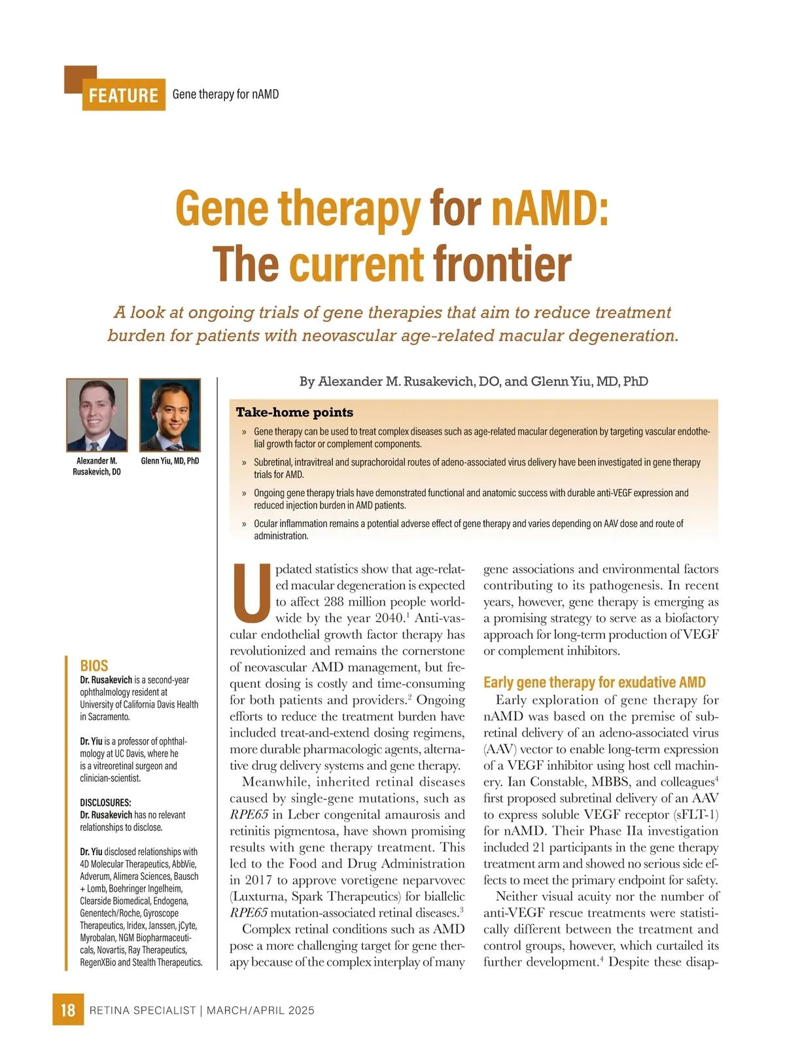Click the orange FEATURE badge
123,96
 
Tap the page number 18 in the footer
68,1010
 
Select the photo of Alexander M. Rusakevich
97,415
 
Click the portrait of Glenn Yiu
170,415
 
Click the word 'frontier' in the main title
502,264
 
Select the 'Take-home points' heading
294,412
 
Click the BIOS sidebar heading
94,666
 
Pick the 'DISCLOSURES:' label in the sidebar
105,803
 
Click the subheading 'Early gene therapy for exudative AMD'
594,683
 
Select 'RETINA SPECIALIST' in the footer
143,1010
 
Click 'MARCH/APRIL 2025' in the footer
260,1010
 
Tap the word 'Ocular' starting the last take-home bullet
266,524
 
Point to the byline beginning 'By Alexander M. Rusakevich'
474,382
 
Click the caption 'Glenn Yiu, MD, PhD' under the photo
170,461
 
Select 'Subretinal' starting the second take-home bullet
273,462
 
